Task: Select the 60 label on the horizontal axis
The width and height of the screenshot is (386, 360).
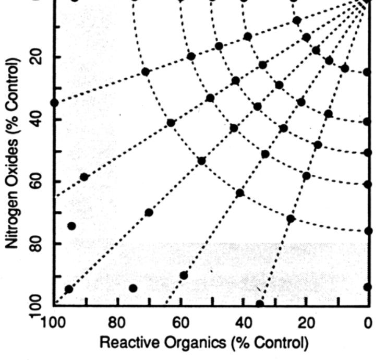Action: coord(180,323)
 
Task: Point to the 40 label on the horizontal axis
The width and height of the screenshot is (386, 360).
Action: coord(243,323)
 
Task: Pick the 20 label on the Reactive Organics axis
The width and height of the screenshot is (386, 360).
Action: coord(306,323)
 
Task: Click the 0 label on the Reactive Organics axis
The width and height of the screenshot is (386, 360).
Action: coord(368,323)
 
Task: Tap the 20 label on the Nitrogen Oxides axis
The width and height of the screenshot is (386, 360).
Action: coord(37,57)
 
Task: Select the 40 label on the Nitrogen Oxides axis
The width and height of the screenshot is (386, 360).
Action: coord(37,119)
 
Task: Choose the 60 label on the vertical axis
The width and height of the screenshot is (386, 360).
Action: coord(37,182)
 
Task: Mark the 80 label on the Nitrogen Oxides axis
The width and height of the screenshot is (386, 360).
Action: coord(37,244)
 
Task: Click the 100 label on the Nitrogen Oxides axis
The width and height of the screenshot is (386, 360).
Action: coord(37,306)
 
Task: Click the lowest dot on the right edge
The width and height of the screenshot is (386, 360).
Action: coord(368,287)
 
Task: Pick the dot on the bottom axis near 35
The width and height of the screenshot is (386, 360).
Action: coord(260,304)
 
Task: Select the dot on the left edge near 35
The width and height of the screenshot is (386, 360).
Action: coord(54,102)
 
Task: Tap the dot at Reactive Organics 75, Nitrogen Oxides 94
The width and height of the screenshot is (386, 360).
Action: coord(133,288)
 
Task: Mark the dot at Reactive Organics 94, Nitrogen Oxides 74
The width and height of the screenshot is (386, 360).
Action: coord(72,226)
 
